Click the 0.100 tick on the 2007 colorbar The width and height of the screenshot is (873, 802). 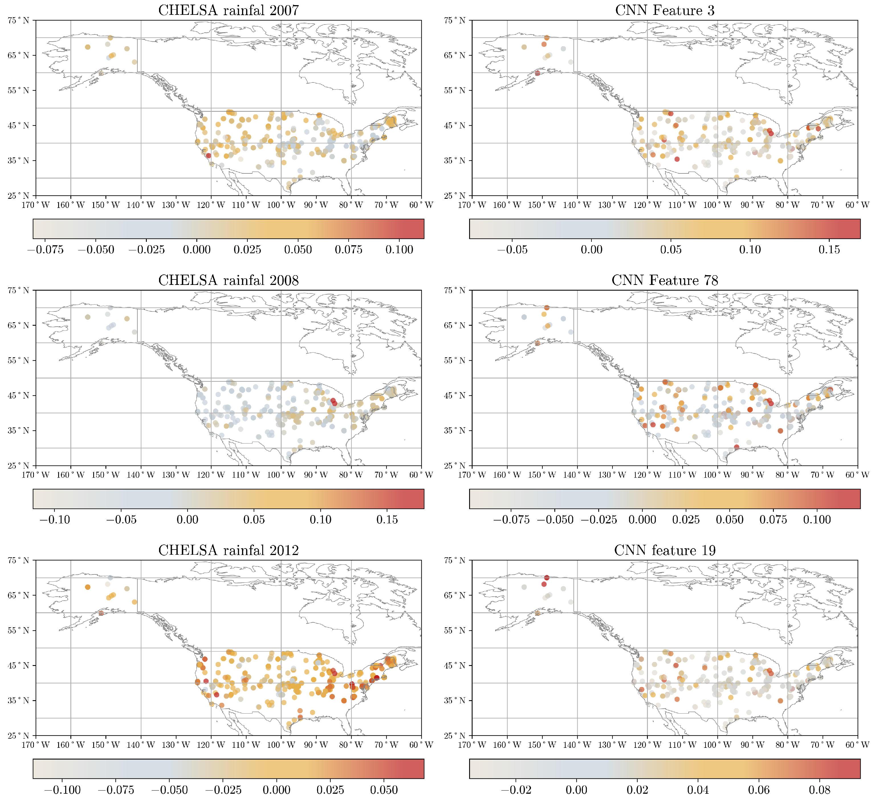point(399,250)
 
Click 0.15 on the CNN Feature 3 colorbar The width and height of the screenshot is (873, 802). point(829,250)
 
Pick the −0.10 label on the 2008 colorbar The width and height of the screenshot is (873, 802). point(55,519)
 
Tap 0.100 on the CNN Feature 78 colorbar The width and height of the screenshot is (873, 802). point(817,519)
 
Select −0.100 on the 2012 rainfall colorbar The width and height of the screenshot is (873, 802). point(63,789)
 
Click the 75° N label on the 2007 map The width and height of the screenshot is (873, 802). point(18,21)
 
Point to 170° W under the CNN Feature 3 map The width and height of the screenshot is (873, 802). point(471,205)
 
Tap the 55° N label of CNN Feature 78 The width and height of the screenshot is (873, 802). point(455,361)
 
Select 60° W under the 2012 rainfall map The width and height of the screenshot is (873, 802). point(421,745)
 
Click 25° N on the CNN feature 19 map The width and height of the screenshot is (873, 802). point(455,736)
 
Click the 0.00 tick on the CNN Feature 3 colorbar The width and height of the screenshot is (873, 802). point(591,250)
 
